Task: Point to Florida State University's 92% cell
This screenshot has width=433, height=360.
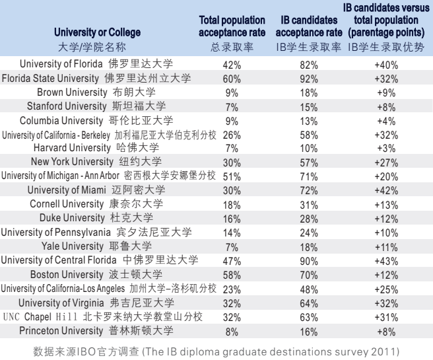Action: [x=310, y=78]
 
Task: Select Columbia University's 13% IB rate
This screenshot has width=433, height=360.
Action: [x=310, y=120]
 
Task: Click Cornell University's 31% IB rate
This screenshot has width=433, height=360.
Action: [x=310, y=203]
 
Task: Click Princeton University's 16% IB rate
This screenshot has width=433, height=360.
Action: [x=310, y=328]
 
